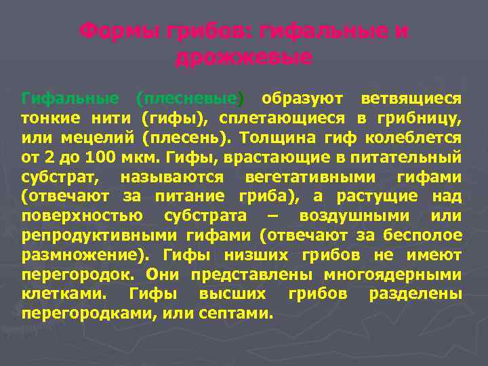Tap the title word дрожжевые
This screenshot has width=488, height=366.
click(244, 58)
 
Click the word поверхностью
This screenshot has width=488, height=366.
click(82, 217)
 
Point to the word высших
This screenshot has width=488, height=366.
click(232, 296)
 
